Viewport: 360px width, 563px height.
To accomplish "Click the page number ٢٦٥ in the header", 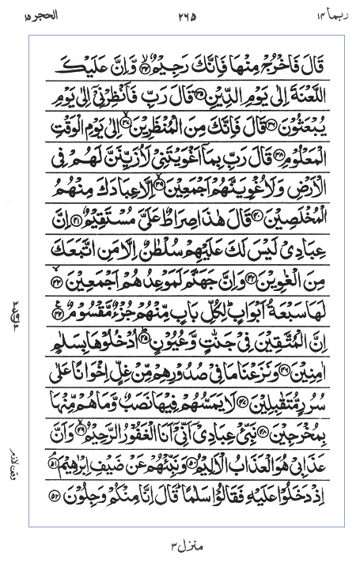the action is point(185,13).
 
